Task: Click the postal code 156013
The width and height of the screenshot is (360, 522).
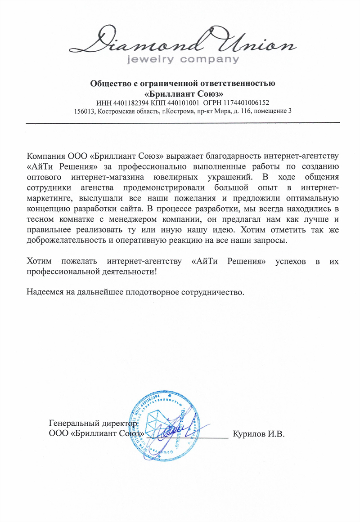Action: tap(85, 111)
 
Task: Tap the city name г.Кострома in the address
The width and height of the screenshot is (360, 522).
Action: tap(178, 111)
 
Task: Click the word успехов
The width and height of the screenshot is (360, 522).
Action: tap(292, 261)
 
